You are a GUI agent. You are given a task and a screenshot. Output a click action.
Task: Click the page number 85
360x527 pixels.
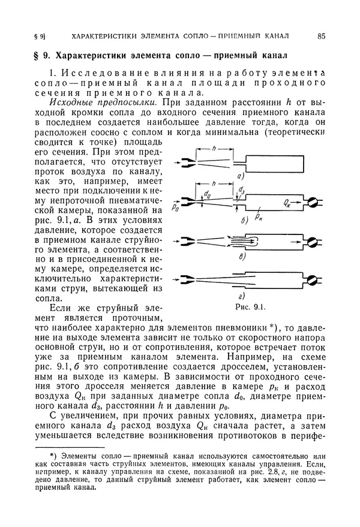pyautogui.click(x=322, y=36)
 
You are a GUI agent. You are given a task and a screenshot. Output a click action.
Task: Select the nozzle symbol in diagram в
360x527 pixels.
pyautogui.click(x=188, y=241)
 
